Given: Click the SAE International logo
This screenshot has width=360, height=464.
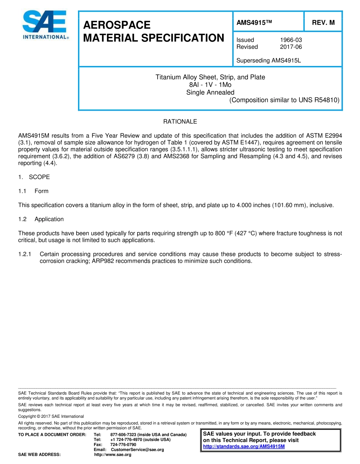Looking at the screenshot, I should coord(45,25).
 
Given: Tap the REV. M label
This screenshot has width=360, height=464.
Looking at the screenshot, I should coord(323,22).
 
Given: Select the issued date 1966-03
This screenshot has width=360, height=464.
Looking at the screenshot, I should coord(291,40).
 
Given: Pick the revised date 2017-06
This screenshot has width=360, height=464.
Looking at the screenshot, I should coord(291,47).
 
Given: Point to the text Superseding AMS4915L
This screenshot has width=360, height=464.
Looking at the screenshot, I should coord(268,60).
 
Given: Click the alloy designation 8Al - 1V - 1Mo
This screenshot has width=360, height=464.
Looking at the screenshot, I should coord(210,85).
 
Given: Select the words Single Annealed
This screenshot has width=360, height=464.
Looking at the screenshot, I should coord(210,92).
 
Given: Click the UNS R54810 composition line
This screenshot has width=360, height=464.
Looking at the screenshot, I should coord(284,100).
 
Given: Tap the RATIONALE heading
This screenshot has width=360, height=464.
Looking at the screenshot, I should coord(180,122).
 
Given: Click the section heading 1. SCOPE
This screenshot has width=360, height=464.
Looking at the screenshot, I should coord(34,177).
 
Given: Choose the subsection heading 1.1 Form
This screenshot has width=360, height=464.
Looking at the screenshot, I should coord(33,191).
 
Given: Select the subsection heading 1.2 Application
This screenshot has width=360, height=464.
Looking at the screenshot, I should coord(41,219).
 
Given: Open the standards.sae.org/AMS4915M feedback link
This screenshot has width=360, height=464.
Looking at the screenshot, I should coord(244,446).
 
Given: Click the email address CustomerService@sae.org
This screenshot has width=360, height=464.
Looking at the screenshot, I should coord(137,450).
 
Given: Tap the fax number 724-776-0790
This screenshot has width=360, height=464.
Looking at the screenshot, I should coord(123,444).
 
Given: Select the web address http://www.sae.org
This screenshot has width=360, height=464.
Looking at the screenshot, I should coord(113,455).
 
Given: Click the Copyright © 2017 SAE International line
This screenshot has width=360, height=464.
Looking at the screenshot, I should coord(51,416).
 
